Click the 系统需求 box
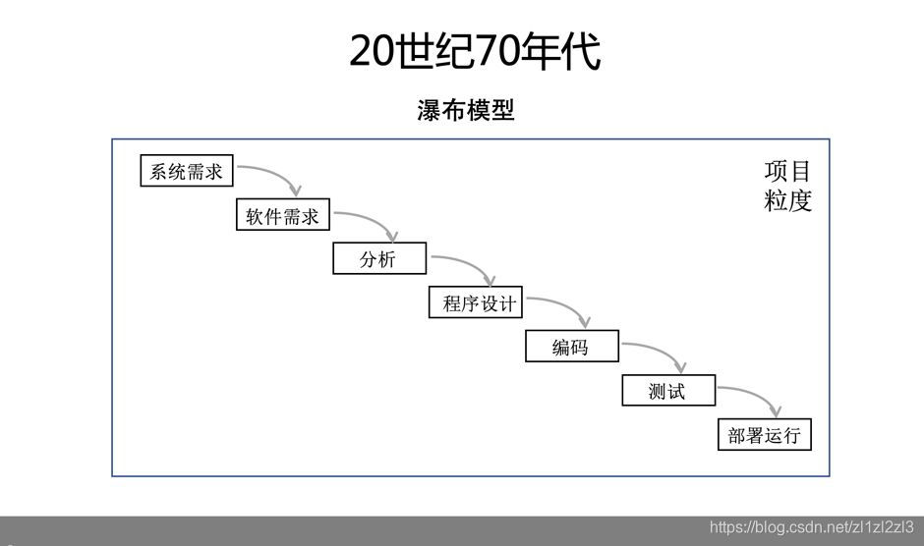click(187, 172)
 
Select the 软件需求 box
click(283, 216)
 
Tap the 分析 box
click(378, 259)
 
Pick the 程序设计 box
click(477, 303)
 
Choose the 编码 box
click(571, 347)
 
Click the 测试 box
click(667, 391)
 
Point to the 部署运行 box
click(765, 435)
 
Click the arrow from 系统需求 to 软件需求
click(275, 173)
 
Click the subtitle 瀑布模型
click(465, 110)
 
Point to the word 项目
click(788, 171)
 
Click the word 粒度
click(788, 200)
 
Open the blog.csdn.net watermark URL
click(811, 527)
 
